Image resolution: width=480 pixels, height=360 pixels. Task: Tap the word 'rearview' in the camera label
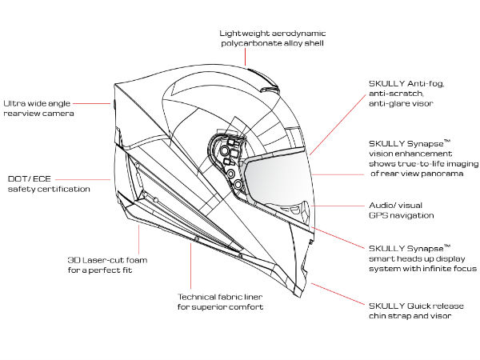pos(22,114)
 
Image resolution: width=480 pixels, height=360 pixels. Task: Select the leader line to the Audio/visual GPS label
pos(336,205)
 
